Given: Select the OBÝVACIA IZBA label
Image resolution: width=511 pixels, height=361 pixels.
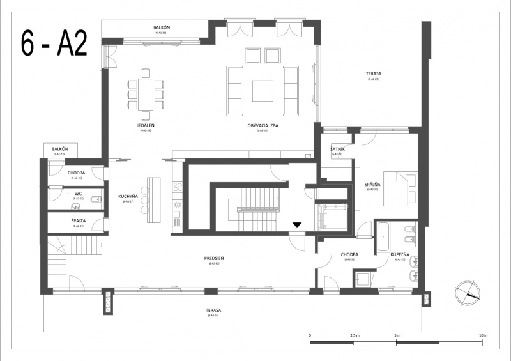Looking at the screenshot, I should pos(265,126).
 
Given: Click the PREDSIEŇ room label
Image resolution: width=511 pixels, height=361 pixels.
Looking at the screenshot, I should pos(213,259).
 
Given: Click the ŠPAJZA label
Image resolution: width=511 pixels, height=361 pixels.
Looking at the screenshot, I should pos(79,221).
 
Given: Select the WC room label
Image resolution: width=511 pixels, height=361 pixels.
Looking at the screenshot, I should pos(78,194).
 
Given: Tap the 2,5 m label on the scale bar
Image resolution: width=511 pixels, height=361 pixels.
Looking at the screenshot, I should pos(355,335).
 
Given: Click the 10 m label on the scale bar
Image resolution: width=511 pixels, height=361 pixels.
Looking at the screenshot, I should pos(483,335).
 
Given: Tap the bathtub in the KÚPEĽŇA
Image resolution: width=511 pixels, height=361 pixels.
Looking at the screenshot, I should pos(383,236).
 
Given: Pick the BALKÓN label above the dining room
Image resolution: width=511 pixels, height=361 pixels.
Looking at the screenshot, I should pos(162,28).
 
